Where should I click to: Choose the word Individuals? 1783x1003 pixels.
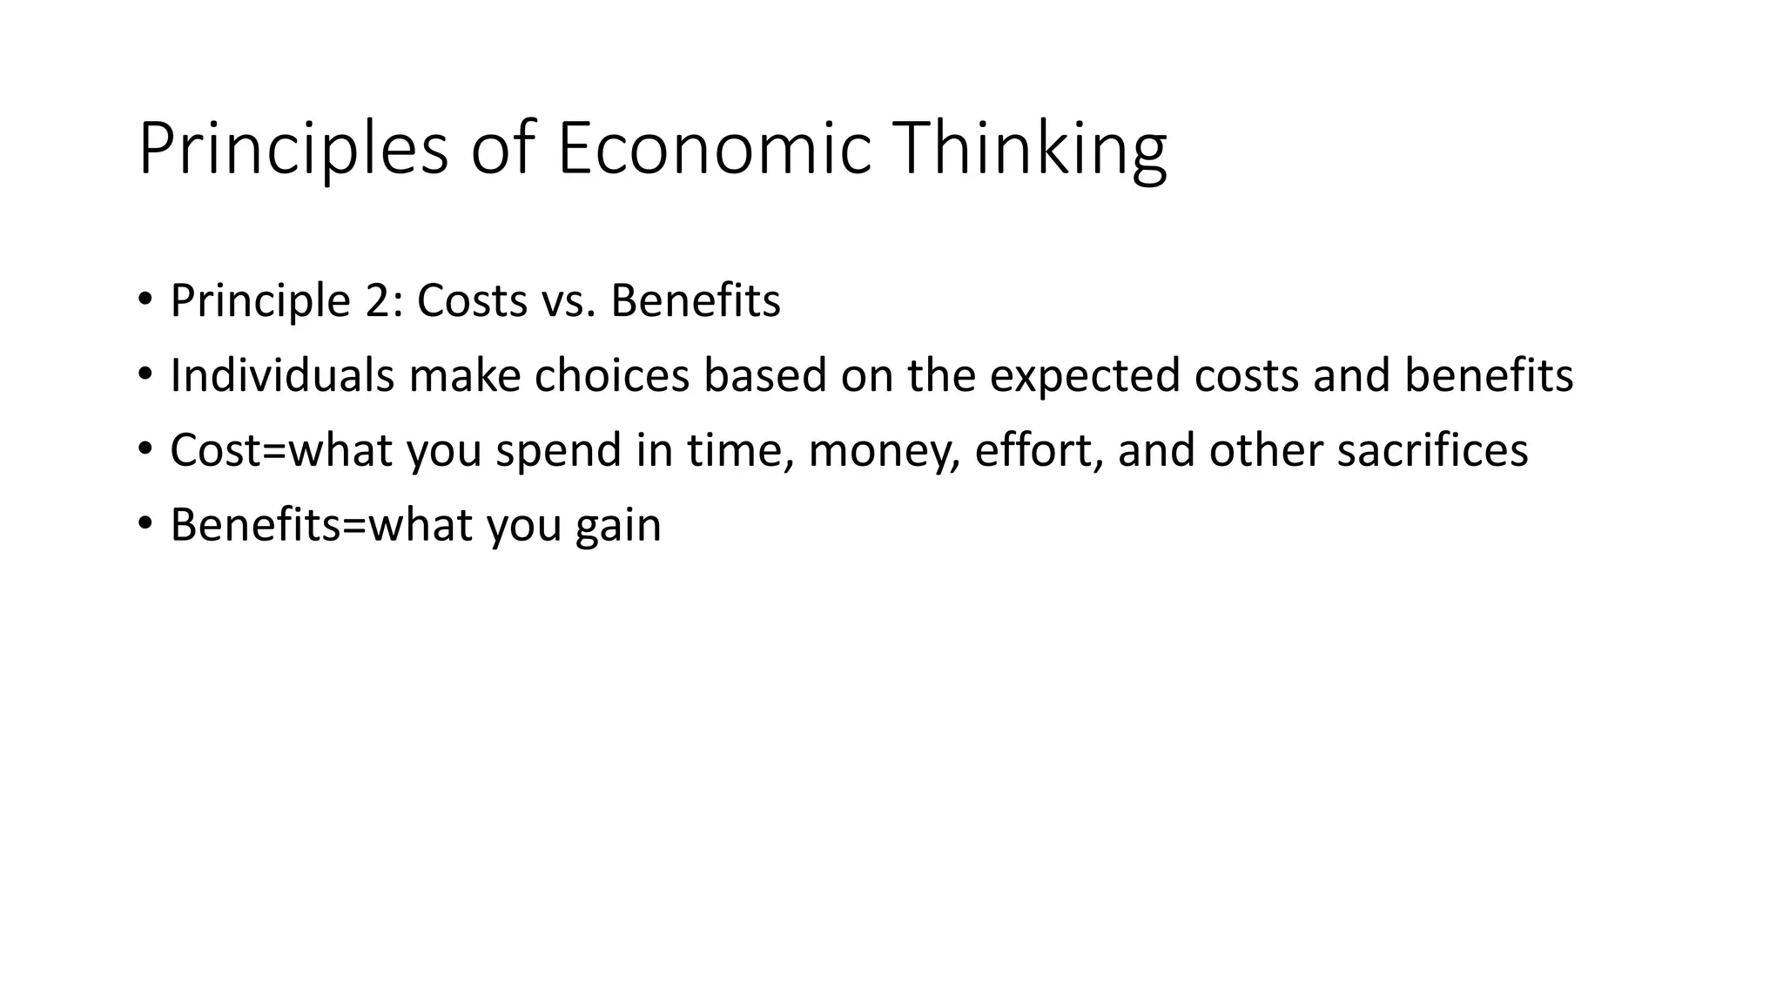(282, 375)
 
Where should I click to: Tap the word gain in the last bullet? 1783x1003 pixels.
(618, 527)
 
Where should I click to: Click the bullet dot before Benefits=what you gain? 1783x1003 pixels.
(145, 524)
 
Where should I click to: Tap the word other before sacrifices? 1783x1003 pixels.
(1266, 450)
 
